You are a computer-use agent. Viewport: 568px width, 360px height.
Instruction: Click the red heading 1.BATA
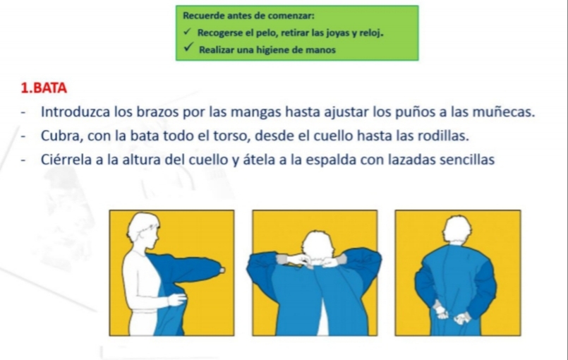click(x=44, y=88)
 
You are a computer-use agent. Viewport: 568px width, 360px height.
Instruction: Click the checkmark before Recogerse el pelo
click(x=187, y=32)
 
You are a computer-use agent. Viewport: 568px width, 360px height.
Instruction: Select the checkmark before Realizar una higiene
click(x=188, y=47)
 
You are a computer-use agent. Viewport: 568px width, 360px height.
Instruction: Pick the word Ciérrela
click(x=66, y=160)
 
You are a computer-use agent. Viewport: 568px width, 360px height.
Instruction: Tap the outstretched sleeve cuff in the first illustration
click(x=222, y=270)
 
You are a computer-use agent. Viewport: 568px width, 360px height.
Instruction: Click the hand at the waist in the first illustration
click(x=177, y=299)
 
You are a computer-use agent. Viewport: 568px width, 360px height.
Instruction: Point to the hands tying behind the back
click(x=452, y=313)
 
